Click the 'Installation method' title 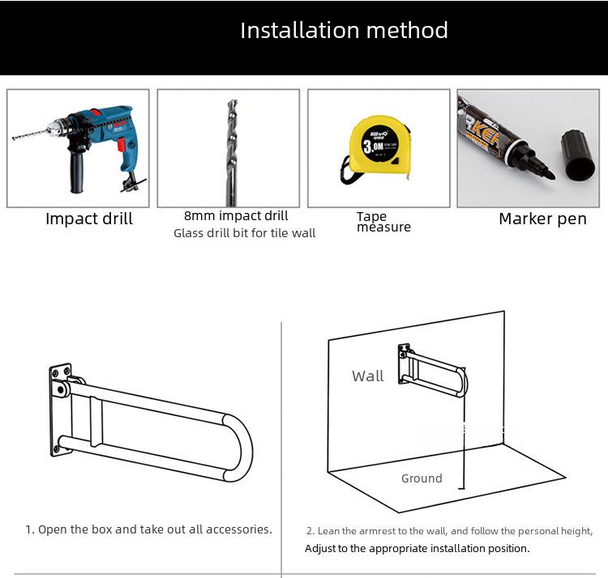(344, 31)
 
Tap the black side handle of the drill (77, 172)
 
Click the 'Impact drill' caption (89, 219)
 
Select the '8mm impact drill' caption (236, 215)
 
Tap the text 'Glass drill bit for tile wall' (244, 233)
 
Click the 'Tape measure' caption (383, 222)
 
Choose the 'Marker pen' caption (542, 219)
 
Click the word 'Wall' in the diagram (367, 376)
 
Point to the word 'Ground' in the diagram (422, 478)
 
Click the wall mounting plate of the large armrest (59, 410)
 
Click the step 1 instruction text (148, 529)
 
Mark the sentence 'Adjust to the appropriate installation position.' (417, 548)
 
